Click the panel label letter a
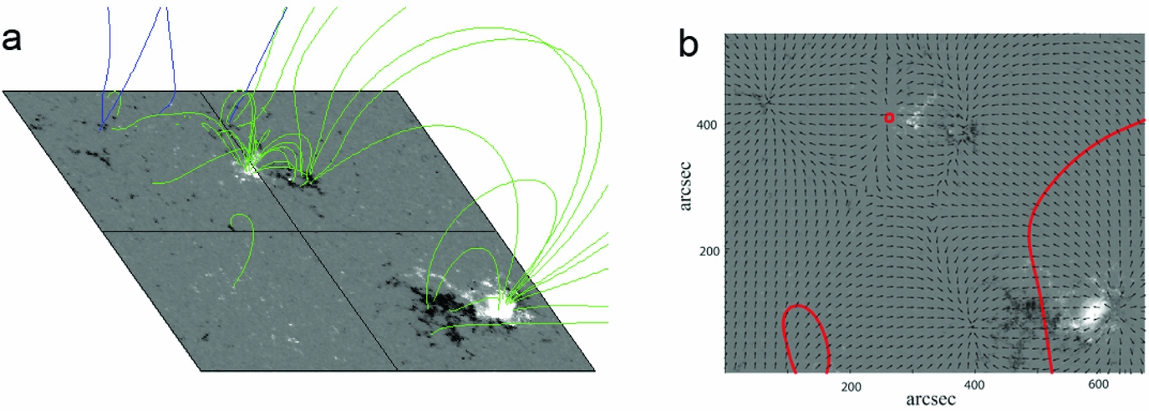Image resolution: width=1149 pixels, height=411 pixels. pos(12,40)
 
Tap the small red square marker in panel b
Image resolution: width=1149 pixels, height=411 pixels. pos(889,118)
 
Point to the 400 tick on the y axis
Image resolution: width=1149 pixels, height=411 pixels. pos(706,124)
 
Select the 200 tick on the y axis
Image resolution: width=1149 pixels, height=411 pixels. pos(709,251)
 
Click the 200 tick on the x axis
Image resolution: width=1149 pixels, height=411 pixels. pos(851,387)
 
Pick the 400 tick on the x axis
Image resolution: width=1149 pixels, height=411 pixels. pos(974,385)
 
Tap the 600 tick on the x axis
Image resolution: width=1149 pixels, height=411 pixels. pos(1098,384)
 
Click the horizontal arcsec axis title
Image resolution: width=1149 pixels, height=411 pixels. pos(931,400)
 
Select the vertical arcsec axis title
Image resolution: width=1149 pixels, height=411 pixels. pos(685,186)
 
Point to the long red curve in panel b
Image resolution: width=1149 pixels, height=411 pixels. pos(1031,226)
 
